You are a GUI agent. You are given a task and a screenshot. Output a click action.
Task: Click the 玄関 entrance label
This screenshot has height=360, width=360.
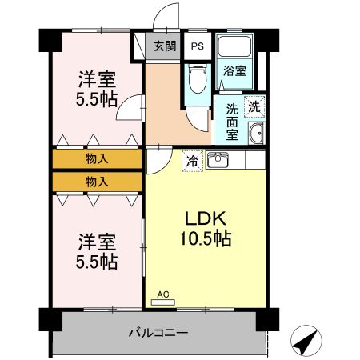tap(166, 46)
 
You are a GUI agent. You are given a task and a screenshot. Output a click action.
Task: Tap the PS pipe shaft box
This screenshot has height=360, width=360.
tap(197, 46)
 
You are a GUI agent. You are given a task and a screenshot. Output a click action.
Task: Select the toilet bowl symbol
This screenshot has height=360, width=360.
tap(196, 80)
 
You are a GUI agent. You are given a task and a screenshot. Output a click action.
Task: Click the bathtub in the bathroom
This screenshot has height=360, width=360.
tap(234, 49)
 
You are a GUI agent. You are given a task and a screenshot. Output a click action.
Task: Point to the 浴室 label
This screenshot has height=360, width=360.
tap(234, 70)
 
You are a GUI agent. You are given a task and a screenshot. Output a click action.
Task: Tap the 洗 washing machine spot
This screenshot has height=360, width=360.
tap(254, 106)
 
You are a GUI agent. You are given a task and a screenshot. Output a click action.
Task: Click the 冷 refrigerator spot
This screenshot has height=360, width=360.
tap(193, 160)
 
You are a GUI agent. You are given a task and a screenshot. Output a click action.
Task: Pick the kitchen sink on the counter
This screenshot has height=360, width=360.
tap(218, 160)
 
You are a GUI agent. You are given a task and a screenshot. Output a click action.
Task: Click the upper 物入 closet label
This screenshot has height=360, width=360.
tap(97, 158)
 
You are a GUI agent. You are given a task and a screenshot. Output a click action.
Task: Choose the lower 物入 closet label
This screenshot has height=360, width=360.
tap(97, 182)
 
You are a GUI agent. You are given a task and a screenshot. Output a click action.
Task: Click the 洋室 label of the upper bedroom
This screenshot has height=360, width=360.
tap(97, 80)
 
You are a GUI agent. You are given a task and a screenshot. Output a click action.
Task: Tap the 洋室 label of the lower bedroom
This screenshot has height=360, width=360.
tap(97, 241)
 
